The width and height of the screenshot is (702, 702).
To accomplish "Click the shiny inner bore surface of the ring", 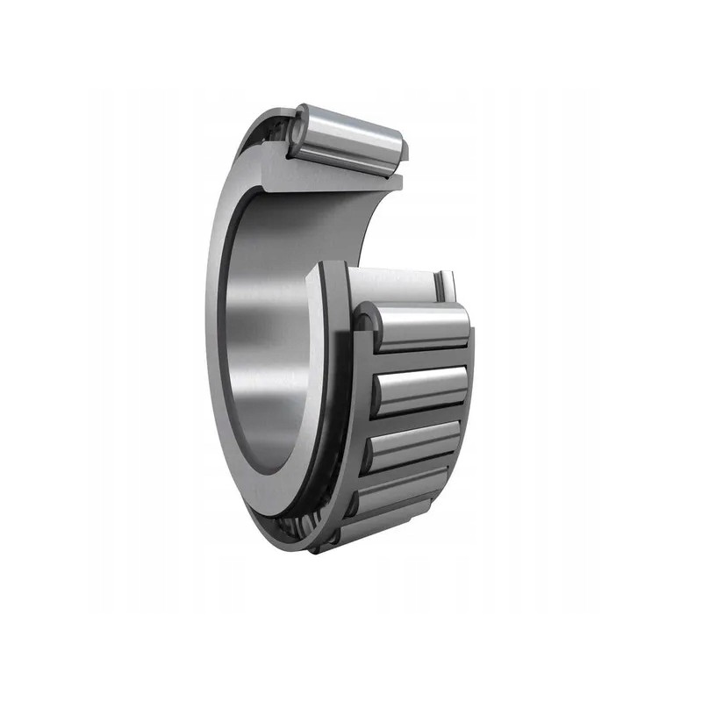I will (x=263, y=351).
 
